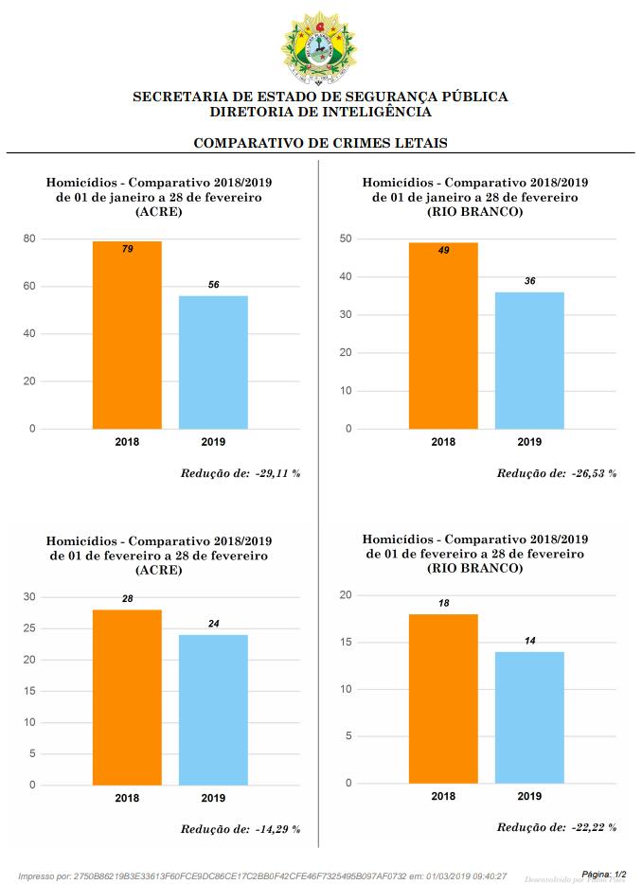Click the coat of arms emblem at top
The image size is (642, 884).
[320, 44]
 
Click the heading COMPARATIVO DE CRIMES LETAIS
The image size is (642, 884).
[320, 143]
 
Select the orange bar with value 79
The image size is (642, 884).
[127, 335]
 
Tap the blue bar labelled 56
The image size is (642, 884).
[213, 362]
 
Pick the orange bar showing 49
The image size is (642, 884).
[443, 336]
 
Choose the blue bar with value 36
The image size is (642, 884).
[529, 361]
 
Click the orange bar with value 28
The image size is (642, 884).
[127, 698]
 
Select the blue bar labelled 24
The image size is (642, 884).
[213, 710]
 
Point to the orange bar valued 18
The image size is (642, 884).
[443, 698]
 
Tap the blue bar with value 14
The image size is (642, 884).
[529, 717]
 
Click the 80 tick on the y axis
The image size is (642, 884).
[29, 239]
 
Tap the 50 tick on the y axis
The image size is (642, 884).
[346, 239]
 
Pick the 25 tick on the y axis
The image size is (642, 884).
[29, 628]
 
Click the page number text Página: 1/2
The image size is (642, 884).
[604, 875]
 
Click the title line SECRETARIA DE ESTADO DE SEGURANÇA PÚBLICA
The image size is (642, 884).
[320, 97]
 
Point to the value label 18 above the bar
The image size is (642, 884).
[443, 603]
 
